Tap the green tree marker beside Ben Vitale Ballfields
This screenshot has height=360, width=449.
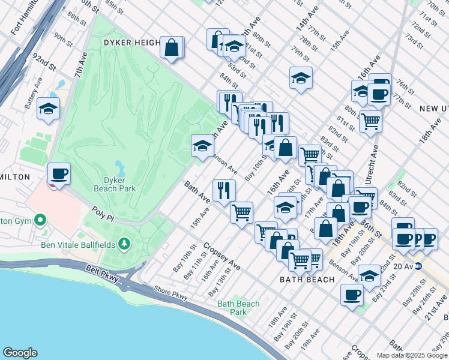[x=124, y=244]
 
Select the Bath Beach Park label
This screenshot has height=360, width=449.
[x=238, y=308]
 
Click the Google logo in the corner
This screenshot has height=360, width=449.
[x=20, y=353]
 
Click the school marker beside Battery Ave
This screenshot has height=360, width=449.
[x=48, y=109]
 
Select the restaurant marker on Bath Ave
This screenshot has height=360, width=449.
[x=224, y=190]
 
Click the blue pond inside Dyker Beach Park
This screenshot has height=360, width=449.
[x=119, y=166]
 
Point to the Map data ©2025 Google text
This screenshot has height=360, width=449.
[x=411, y=355]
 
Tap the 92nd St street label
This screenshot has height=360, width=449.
[x=44, y=61]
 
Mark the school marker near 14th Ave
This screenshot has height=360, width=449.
[x=301, y=77]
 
